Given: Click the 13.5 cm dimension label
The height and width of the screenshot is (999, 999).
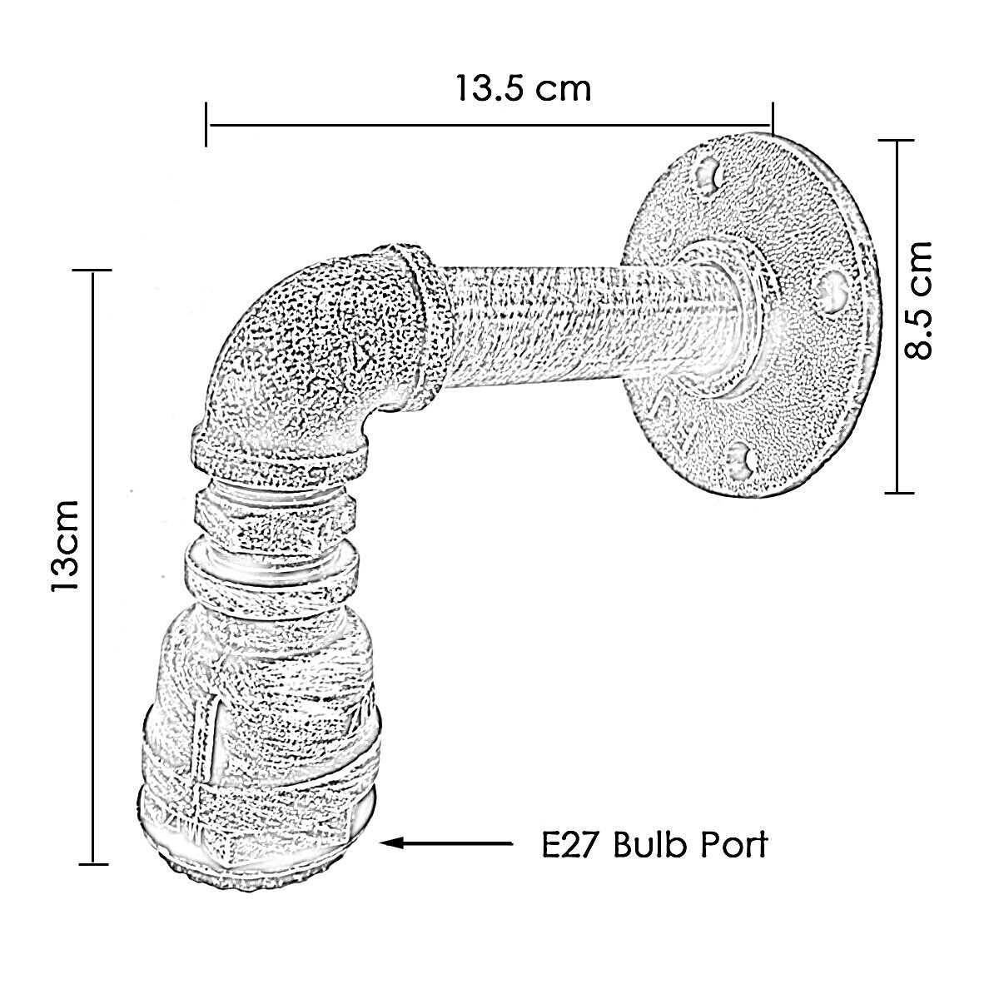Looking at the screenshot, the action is (523, 88).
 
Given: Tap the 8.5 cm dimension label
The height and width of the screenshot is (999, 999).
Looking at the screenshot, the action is (918, 301).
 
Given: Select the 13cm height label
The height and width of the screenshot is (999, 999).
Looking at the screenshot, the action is (65, 544).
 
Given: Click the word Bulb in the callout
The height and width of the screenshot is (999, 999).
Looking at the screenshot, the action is (652, 845).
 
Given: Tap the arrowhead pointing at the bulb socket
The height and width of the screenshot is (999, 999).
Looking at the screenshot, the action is (392, 842).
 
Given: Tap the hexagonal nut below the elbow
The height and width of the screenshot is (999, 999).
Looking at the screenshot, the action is (275, 514).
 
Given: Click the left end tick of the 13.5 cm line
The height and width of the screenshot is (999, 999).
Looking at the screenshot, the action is (206, 124).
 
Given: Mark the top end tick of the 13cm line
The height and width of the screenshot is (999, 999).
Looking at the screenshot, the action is (92, 270).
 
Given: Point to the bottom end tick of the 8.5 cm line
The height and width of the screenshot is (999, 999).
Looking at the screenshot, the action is (899, 493).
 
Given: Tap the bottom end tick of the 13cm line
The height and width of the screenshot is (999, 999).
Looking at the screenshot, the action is (93, 863).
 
